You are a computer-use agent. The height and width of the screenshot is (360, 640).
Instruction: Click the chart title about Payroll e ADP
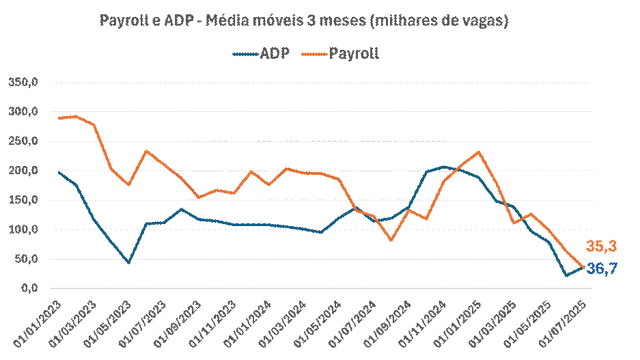pyautogui.click(x=304, y=21)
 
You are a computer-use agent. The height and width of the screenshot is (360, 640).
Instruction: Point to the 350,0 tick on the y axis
pyautogui.click(x=23, y=83)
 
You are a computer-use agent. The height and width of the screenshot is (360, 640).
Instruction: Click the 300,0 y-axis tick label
pyautogui.click(x=23, y=112)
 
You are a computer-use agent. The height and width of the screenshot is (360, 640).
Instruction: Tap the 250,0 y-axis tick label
pyautogui.click(x=23, y=141)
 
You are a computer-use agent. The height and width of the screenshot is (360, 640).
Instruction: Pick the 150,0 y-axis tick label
pyautogui.click(x=23, y=200)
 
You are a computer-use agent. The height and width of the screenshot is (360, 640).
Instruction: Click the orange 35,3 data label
pyautogui.click(x=601, y=247)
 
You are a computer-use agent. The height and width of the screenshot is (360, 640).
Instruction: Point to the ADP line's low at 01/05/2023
pyautogui.click(x=128, y=262)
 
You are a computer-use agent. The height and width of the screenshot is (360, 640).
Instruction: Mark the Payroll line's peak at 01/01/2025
pyautogui.click(x=479, y=152)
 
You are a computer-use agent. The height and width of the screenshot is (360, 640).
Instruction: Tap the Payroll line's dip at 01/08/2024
pyautogui.click(x=391, y=240)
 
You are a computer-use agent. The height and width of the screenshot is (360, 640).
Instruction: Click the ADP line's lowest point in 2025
pyautogui.click(x=566, y=275)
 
